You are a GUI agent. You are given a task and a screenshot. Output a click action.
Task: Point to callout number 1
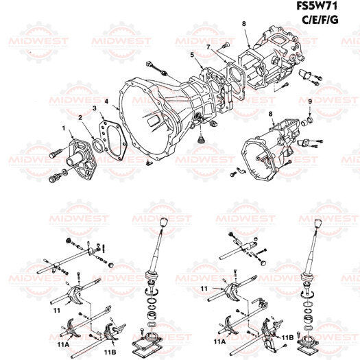click(63, 128)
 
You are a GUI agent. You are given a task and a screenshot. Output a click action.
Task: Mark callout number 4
click(106, 101)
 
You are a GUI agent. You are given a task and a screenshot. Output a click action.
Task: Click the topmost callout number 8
click(243, 24)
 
